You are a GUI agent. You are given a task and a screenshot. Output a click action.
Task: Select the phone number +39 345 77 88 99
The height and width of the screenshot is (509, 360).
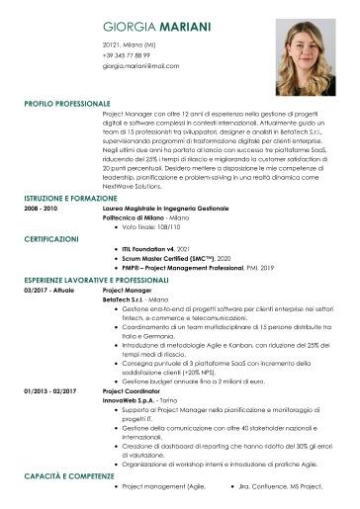pos(134,55)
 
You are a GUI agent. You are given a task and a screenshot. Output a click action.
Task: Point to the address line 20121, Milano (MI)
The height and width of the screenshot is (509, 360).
pos(129,45)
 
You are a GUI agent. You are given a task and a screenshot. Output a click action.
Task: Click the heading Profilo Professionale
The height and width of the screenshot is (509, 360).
pos(67,103)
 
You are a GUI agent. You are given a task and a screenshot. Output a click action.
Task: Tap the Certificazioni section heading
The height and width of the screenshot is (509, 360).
pos(51,239)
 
